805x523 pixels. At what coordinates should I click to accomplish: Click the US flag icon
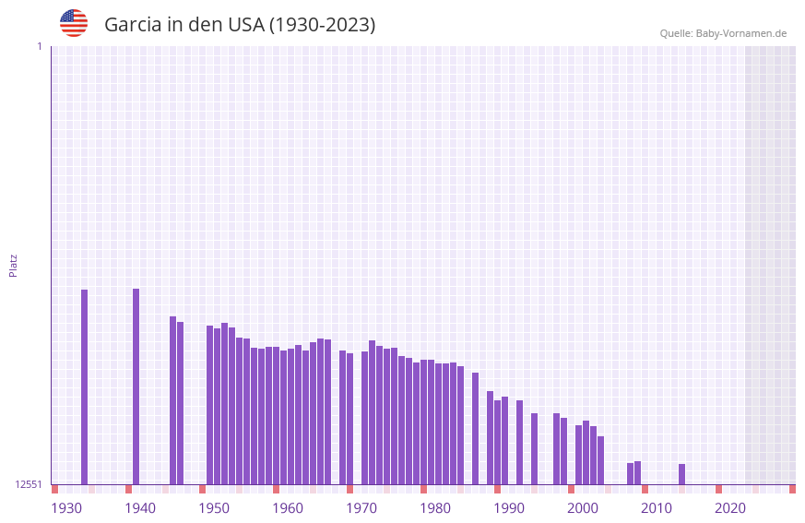click(74, 23)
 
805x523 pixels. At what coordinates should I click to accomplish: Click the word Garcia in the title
click(133, 25)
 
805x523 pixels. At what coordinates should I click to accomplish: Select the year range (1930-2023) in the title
click(322, 25)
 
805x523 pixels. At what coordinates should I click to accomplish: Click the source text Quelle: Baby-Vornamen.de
click(723, 33)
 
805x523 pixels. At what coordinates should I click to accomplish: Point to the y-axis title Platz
click(13, 265)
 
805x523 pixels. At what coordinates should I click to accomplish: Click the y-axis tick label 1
click(39, 46)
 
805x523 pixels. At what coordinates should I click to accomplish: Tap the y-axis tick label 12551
click(28, 484)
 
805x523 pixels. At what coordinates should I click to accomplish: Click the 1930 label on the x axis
click(66, 507)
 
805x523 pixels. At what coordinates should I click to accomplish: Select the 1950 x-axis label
click(214, 507)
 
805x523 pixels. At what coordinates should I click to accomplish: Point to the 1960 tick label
click(288, 507)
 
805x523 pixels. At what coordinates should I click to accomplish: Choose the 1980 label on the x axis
click(435, 507)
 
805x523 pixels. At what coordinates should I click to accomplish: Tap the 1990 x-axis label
click(509, 507)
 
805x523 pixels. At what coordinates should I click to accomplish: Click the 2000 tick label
click(583, 507)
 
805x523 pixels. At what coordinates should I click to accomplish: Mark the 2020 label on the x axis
click(730, 507)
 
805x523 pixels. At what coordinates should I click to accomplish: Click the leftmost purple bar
click(84, 386)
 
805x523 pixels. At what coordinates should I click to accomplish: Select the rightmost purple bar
click(681, 474)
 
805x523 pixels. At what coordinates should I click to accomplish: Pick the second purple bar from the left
click(136, 386)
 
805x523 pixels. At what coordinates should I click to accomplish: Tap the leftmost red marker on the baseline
click(54, 489)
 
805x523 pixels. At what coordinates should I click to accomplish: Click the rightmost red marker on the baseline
click(792, 489)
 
